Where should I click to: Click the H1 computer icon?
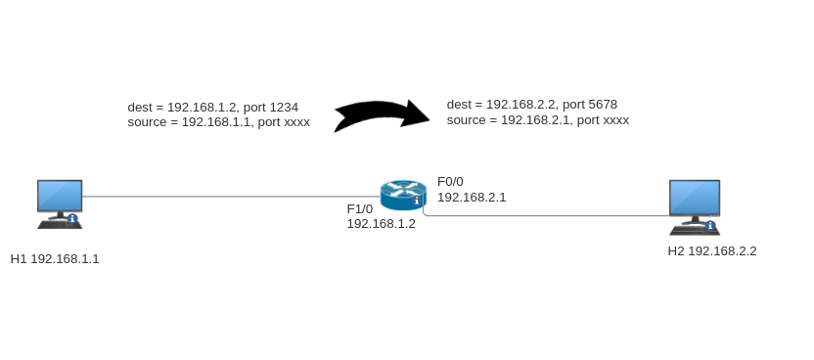[59, 202]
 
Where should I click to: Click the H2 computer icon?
[694, 205]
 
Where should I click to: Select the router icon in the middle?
[403, 195]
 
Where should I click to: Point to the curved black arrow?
[382, 114]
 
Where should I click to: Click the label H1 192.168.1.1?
[55, 259]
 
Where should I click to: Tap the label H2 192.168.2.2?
[712, 251]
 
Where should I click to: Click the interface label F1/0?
[360, 208]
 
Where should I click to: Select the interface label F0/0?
[450, 182]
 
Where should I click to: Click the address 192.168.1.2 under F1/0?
[381, 224]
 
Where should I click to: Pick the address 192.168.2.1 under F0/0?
[472, 198]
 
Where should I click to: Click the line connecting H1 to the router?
[225, 197]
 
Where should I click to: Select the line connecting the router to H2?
[548, 215]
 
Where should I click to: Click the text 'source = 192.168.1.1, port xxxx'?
[218, 123]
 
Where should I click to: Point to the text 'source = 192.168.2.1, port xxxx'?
[537, 120]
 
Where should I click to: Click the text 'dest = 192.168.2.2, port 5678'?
[531, 105]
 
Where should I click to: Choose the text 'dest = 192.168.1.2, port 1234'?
[212, 108]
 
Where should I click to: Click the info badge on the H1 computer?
[72, 219]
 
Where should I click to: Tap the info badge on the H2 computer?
[710, 226]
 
